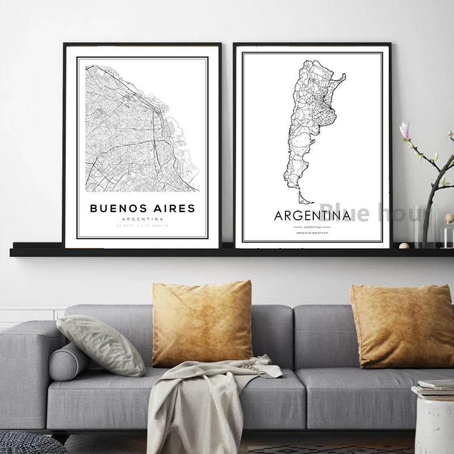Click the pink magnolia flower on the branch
tap(405, 131)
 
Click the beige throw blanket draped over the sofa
tap(204, 397)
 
